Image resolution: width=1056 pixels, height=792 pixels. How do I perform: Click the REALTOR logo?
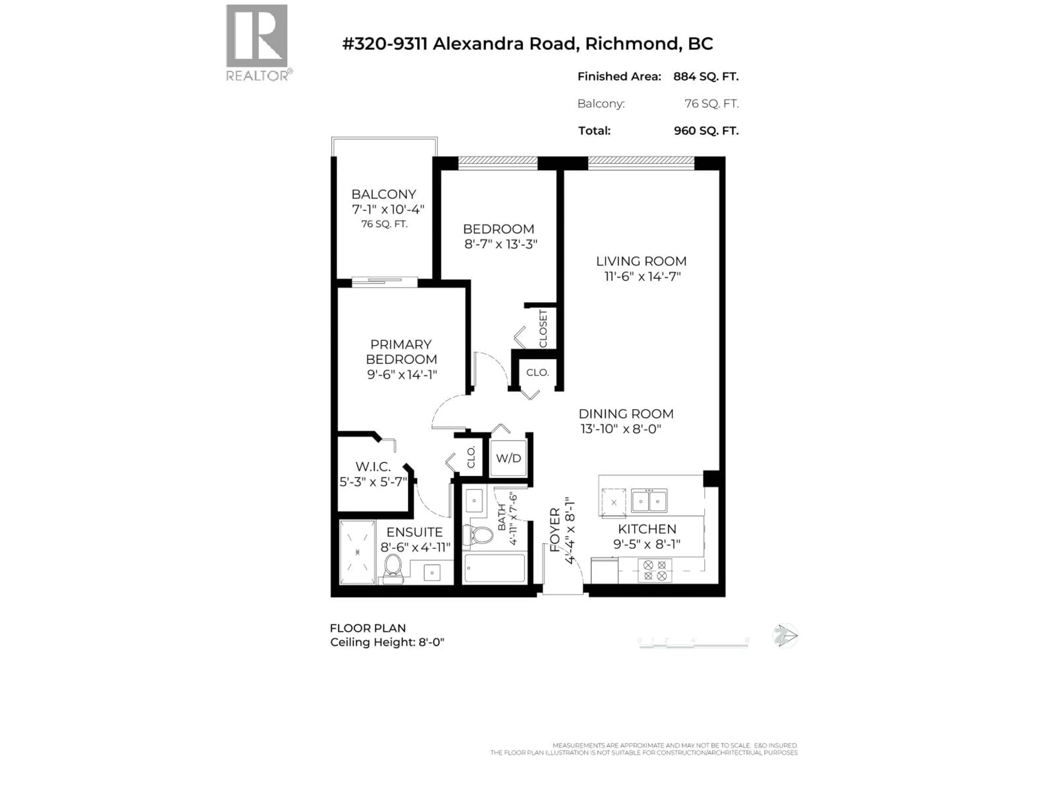pyautogui.click(x=257, y=43)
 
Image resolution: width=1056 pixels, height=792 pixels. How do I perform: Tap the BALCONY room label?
pyautogui.click(x=384, y=194)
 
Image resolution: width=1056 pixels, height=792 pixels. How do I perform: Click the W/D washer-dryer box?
pyautogui.click(x=508, y=458)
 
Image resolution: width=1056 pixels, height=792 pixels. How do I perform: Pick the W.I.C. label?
pyautogui.click(x=373, y=466)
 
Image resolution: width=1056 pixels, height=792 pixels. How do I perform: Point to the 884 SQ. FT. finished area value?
pyautogui.click(x=706, y=76)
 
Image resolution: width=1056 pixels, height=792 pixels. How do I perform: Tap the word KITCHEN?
pyautogui.click(x=647, y=529)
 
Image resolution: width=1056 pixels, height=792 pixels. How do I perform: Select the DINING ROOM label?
pyautogui.click(x=626, y=414)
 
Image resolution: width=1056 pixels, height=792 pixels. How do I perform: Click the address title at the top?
pyautogui.click(x=527, y=44)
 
